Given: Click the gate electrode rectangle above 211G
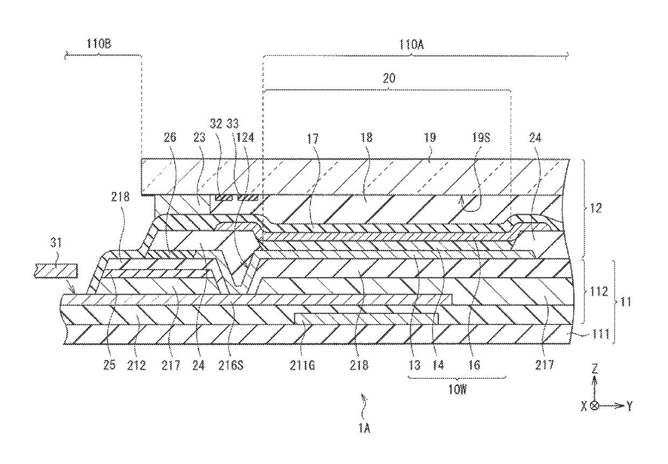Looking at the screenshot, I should coord(366,318).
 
